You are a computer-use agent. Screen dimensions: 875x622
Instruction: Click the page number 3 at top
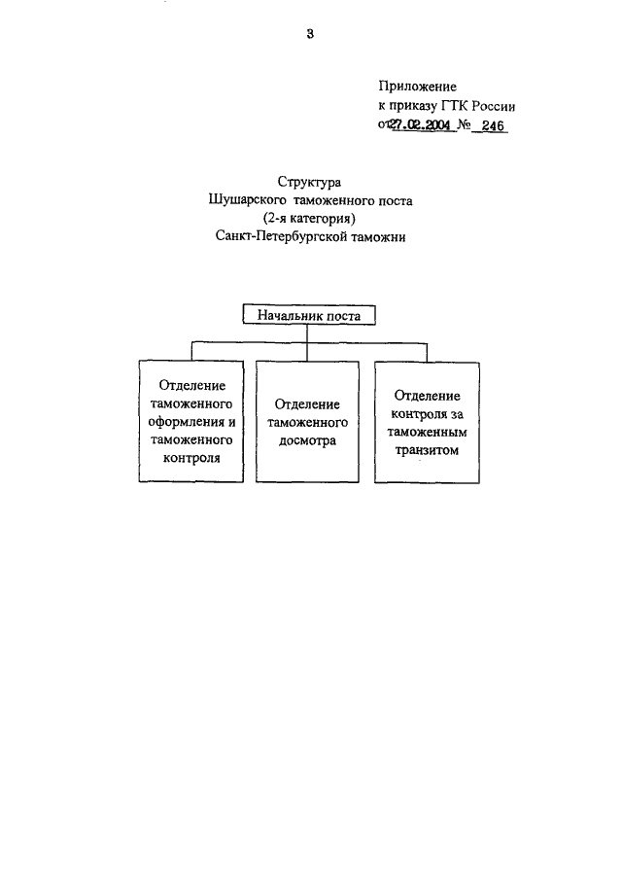click(x=310, y=35)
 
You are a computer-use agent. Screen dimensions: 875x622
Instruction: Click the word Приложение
click(x=417, y=86)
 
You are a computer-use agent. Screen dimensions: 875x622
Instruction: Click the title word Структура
click(x=309, y=182)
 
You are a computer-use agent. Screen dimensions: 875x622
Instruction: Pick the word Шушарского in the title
click(x=243, y=201)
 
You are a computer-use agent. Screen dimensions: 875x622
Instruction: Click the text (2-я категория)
click(x=310, y=219)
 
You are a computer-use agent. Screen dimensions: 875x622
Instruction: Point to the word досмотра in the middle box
click(x=306, y=439)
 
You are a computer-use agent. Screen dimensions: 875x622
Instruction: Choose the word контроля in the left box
click(x=190, y=457)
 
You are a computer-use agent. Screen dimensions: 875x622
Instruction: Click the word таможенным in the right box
click(x=428, y=433)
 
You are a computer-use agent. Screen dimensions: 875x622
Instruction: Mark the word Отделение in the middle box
click(x=306, y=403)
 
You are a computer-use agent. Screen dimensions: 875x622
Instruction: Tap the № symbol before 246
click(x=465, y=124)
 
